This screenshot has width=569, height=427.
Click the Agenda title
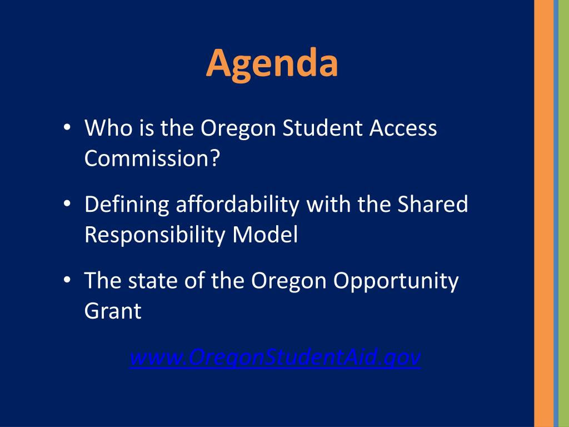[272, 63]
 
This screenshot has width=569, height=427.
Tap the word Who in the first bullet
[106, 129]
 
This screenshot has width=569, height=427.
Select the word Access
[403, 129]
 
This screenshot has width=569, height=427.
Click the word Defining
[127, 205]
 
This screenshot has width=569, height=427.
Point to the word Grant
[113, 311]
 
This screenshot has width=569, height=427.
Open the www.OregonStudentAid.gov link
[275, 357]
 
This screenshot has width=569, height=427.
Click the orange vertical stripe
[543, 213]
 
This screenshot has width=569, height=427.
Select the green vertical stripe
[563, 213]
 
